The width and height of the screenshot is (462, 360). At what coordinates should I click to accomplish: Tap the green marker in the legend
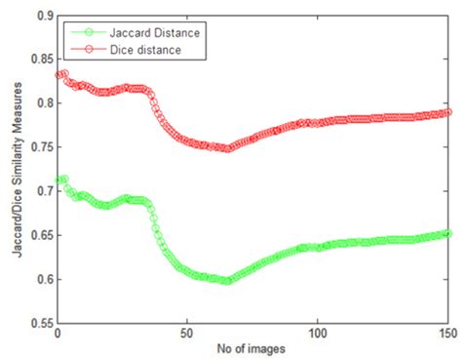[82, 32]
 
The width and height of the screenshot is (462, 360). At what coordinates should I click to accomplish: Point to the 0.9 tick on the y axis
[41, 17]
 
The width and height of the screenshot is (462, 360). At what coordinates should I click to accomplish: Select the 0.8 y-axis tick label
[41, 104]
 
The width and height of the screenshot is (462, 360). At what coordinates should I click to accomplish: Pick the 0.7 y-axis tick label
[41, 192]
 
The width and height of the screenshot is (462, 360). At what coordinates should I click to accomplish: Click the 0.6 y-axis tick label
[41, 280]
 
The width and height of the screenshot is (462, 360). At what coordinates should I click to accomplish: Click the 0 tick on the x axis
[58, 335]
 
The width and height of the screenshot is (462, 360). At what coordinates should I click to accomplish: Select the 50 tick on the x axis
[188, 335]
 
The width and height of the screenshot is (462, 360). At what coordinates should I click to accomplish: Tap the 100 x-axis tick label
[319, 335]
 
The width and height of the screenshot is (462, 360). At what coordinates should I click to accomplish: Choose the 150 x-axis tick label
[448, 335]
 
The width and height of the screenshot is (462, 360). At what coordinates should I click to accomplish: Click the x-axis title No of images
[252, 349]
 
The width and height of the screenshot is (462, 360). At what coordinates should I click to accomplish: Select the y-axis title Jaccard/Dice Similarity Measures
[13, 171]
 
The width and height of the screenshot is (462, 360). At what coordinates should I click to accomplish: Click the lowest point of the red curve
[227, 149]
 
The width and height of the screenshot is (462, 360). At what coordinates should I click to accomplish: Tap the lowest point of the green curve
[227, 281]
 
